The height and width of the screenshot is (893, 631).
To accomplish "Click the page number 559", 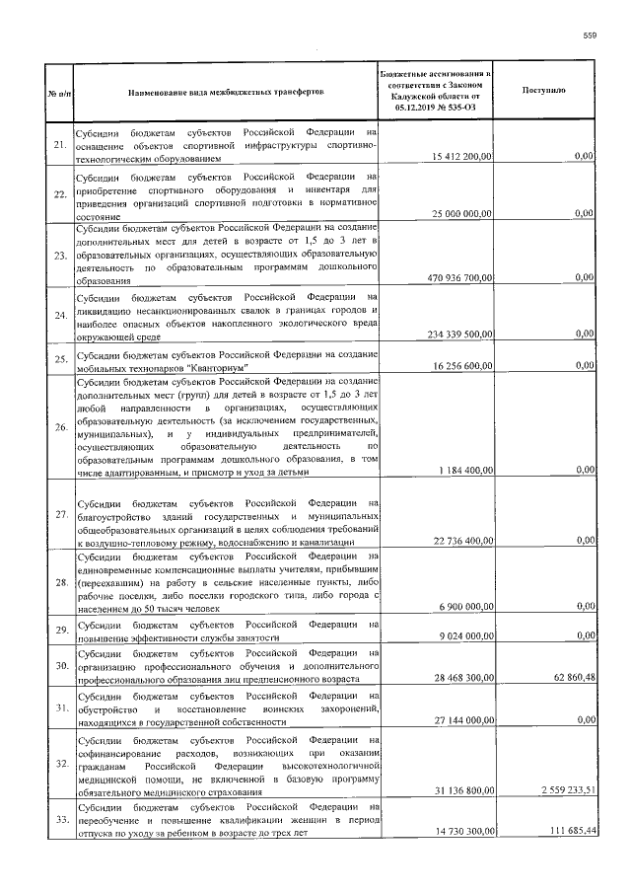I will click(x=590, y=36).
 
